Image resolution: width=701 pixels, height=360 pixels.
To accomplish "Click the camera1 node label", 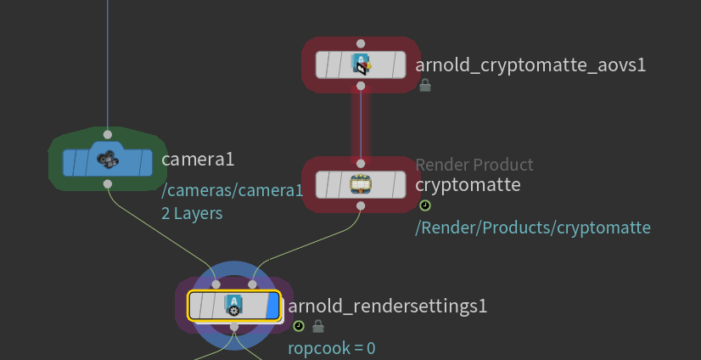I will pos(197,159).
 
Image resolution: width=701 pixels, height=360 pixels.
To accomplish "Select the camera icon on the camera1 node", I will pos(107,159).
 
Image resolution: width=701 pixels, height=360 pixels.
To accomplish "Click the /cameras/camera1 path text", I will pos(232,191).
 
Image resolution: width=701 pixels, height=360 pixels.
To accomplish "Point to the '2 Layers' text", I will pos(192,213).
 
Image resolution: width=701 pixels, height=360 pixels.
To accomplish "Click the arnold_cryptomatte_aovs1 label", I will pos(530,65).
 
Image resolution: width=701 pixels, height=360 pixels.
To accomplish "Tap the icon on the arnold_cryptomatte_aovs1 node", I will pos(361,65).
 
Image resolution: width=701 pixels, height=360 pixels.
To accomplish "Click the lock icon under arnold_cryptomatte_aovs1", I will pos(425,85).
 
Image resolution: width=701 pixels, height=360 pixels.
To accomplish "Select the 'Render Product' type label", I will pos(474,165).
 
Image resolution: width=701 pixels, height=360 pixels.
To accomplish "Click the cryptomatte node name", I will pos(468,184).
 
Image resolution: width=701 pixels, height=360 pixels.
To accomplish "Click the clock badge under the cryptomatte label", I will pos(425,205).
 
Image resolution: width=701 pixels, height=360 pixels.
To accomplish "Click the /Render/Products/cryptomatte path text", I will pos(533,227).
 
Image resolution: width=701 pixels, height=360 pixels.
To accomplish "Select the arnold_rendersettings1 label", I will pos(388,306).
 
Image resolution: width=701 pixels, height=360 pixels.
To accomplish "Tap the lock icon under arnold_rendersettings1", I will pos(318,326).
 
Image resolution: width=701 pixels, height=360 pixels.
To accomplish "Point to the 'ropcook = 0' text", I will pos(332,347).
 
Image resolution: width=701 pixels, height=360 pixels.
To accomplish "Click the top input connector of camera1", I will pos(107,134).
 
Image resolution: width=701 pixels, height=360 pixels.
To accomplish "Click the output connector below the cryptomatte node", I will pos(361,205).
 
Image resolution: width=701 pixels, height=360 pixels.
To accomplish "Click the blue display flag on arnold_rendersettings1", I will pos(272,306).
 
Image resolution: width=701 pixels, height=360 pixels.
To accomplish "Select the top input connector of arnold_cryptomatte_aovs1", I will pos(361,43).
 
